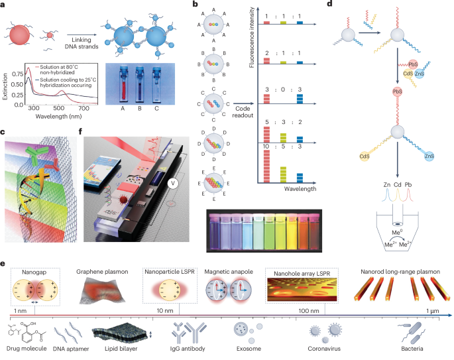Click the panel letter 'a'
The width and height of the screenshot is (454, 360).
pos(5,5)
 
